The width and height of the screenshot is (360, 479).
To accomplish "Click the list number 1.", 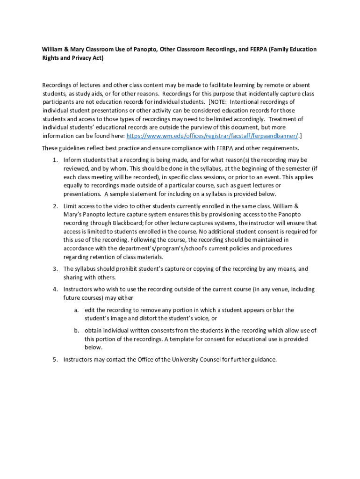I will click(55, 160).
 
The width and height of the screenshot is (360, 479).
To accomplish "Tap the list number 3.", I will click(55, 269).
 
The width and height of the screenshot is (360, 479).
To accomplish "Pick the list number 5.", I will click(55, 360).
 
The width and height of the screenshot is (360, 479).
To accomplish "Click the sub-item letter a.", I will click(76, 310).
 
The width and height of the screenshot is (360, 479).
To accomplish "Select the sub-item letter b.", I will click(76, 331).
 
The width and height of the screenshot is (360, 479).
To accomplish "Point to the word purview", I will click(208, 127).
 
